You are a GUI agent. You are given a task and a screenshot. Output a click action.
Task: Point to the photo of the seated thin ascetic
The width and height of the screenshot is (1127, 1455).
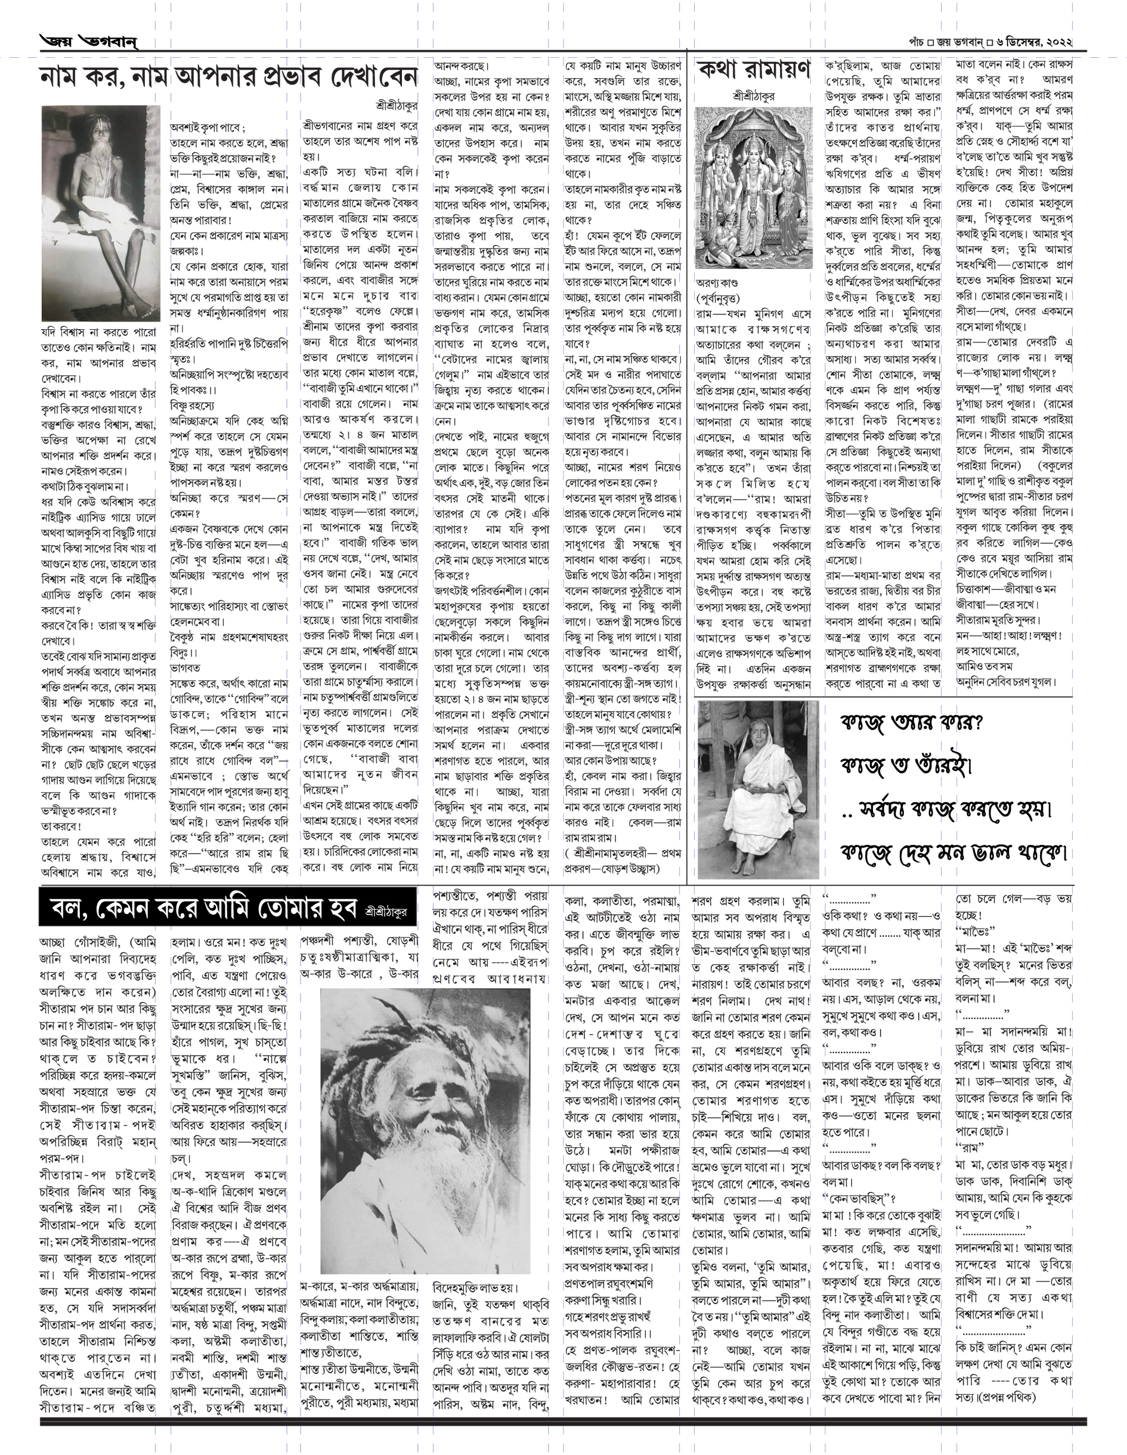click(x=101, y=213)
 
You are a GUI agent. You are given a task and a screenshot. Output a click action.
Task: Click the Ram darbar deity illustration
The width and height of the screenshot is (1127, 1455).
click(x=753, y=188)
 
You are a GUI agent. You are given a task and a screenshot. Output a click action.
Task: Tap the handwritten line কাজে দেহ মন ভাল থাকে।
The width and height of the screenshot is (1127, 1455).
click(x=953, y=852)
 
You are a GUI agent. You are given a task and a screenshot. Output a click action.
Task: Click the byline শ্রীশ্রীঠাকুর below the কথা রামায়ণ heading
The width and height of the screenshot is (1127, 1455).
click(x=753, y=97)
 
